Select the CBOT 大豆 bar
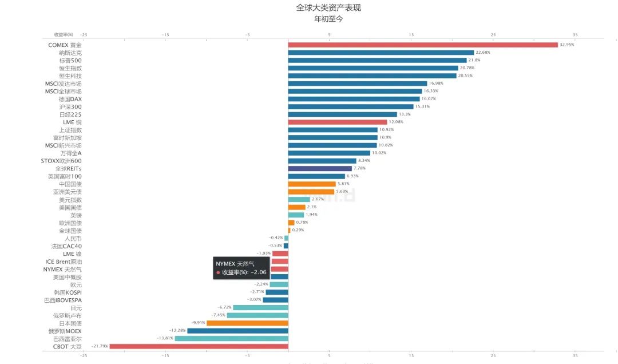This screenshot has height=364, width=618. coord(199,346)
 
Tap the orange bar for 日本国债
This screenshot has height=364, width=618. coord(247,323)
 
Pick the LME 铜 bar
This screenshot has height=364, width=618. coord(338,122)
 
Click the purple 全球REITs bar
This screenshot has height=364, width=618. coord(320,168)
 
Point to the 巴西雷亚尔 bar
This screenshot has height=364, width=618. coord(231,338)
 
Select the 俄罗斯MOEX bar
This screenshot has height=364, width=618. coord(237,331)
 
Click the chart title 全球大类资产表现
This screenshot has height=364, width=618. coord(328,8)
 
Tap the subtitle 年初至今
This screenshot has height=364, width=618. coord(328,19)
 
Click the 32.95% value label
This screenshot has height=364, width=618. coord(567,45)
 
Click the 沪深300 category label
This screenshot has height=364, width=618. coord(70,106)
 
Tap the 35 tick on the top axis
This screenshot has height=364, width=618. coord(575,35)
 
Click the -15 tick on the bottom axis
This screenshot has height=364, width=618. coord(165,355)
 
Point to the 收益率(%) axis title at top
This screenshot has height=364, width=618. coord(64,35)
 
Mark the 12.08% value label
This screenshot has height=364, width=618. coord(396,122)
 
